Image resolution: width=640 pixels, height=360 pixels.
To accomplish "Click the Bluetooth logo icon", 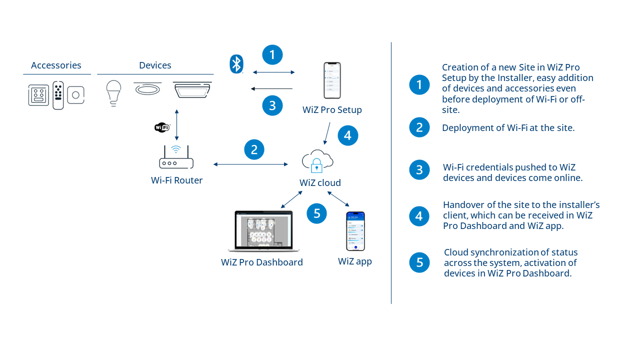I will (236, 64).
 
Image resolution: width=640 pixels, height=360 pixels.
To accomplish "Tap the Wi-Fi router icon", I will (176, 157).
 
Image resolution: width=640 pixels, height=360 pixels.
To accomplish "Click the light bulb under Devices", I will (114, 92).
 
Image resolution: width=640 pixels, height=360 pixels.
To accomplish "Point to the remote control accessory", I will (58, 95).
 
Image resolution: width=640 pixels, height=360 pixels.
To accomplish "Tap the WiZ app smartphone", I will (355, 231).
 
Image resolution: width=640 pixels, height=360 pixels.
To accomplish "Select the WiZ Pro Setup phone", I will (332, 80).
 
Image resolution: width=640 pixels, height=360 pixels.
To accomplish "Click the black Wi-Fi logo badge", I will (162, 127).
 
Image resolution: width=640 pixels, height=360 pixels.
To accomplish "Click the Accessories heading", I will (56, 65).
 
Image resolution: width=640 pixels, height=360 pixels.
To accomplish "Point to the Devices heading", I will (155, 65).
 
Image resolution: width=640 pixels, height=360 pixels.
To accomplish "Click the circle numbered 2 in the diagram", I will (254, 149).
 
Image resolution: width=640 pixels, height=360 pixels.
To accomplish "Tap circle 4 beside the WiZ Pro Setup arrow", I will (348, 135).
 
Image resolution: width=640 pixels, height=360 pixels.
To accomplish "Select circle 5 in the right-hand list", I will (419, 262).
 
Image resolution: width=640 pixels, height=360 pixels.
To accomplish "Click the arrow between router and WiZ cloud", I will (250, 164).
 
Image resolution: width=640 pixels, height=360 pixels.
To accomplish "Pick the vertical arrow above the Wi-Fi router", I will (176, 125).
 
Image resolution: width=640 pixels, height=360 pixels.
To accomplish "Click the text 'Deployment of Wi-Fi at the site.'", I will (508, 128).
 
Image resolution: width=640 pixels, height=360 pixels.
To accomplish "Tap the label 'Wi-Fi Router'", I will (177, 180).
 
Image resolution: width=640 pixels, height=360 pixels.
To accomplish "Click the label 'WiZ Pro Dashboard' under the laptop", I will (262, 262).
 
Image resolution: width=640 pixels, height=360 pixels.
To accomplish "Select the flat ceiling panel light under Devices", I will (192, 89).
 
